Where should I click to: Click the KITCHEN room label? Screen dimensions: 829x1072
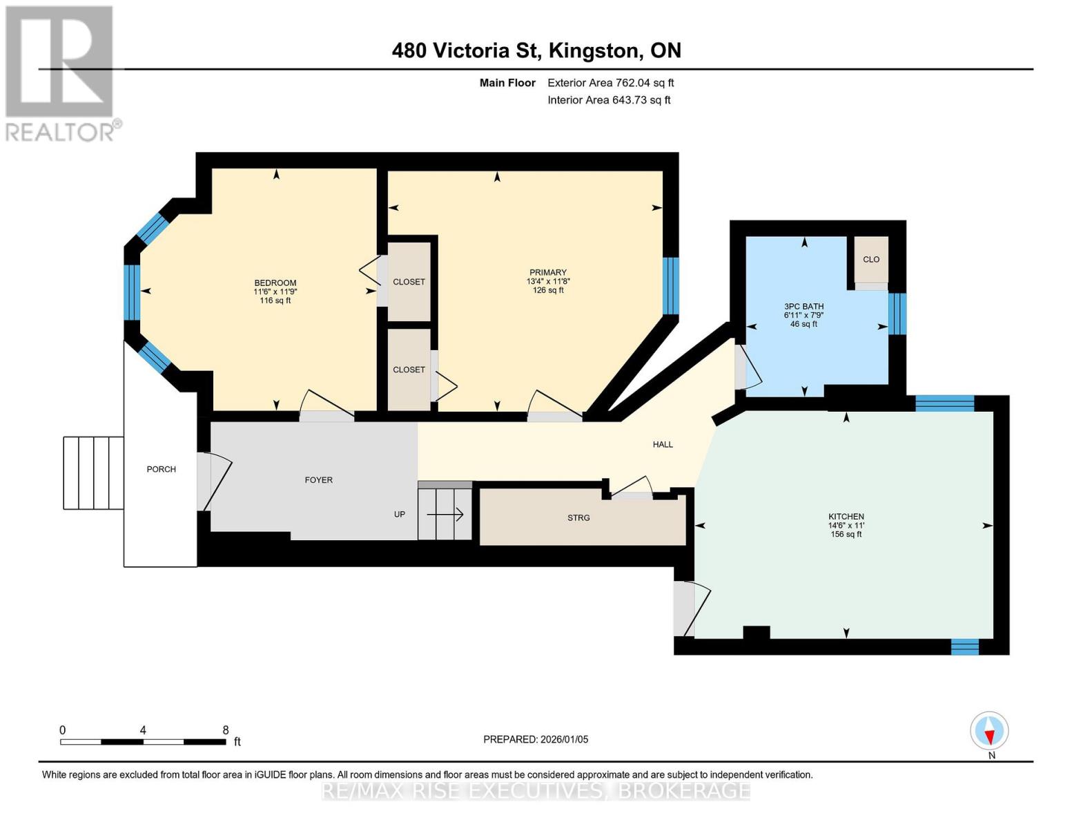[846, 517]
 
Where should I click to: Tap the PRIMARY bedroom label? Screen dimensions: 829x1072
[547, 272]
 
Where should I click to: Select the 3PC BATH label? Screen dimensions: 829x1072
[803, 306]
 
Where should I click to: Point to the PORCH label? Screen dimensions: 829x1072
[161, 469]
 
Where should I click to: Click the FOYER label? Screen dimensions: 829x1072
[318, 479]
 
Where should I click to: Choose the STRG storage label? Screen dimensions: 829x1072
[578, 517]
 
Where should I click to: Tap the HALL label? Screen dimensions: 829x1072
[663, 444]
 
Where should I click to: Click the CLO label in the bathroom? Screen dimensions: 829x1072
[871, 259]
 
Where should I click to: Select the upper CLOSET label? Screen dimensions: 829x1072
[409, 282]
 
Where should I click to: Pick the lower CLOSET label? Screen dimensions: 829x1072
[409, 370]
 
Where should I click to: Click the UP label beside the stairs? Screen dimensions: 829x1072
[399, 514]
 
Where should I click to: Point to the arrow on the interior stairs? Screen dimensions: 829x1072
[445, 514]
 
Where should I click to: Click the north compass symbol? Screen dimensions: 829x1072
[990, 731]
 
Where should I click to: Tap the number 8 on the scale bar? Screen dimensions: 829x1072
[226, 730]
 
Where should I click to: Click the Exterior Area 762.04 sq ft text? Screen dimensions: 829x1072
[610, 83]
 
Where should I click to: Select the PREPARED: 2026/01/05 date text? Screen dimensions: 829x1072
[536, 739]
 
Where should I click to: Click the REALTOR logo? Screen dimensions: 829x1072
[61, 73]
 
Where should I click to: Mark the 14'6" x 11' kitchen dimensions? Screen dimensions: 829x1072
[846, 526]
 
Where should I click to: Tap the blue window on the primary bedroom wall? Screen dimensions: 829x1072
[670, 285]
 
